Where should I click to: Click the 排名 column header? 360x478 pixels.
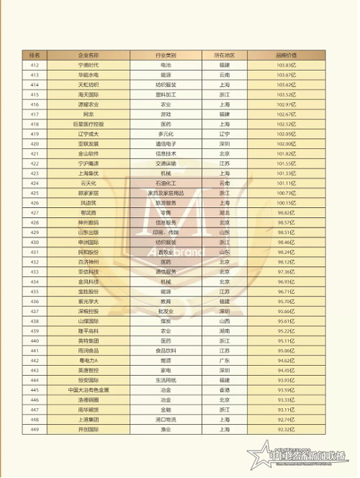click(35, 55)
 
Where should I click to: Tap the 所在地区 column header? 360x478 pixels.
click(224, 55)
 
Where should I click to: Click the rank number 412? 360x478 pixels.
click(35, 66)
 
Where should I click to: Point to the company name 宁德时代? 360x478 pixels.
click(89, 66)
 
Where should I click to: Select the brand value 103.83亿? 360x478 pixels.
click(287, 66)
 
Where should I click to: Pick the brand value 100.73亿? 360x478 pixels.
click(287, 193)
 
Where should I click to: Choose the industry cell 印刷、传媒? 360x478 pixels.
click(166, 233)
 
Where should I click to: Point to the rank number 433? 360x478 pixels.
click(35, 272)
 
